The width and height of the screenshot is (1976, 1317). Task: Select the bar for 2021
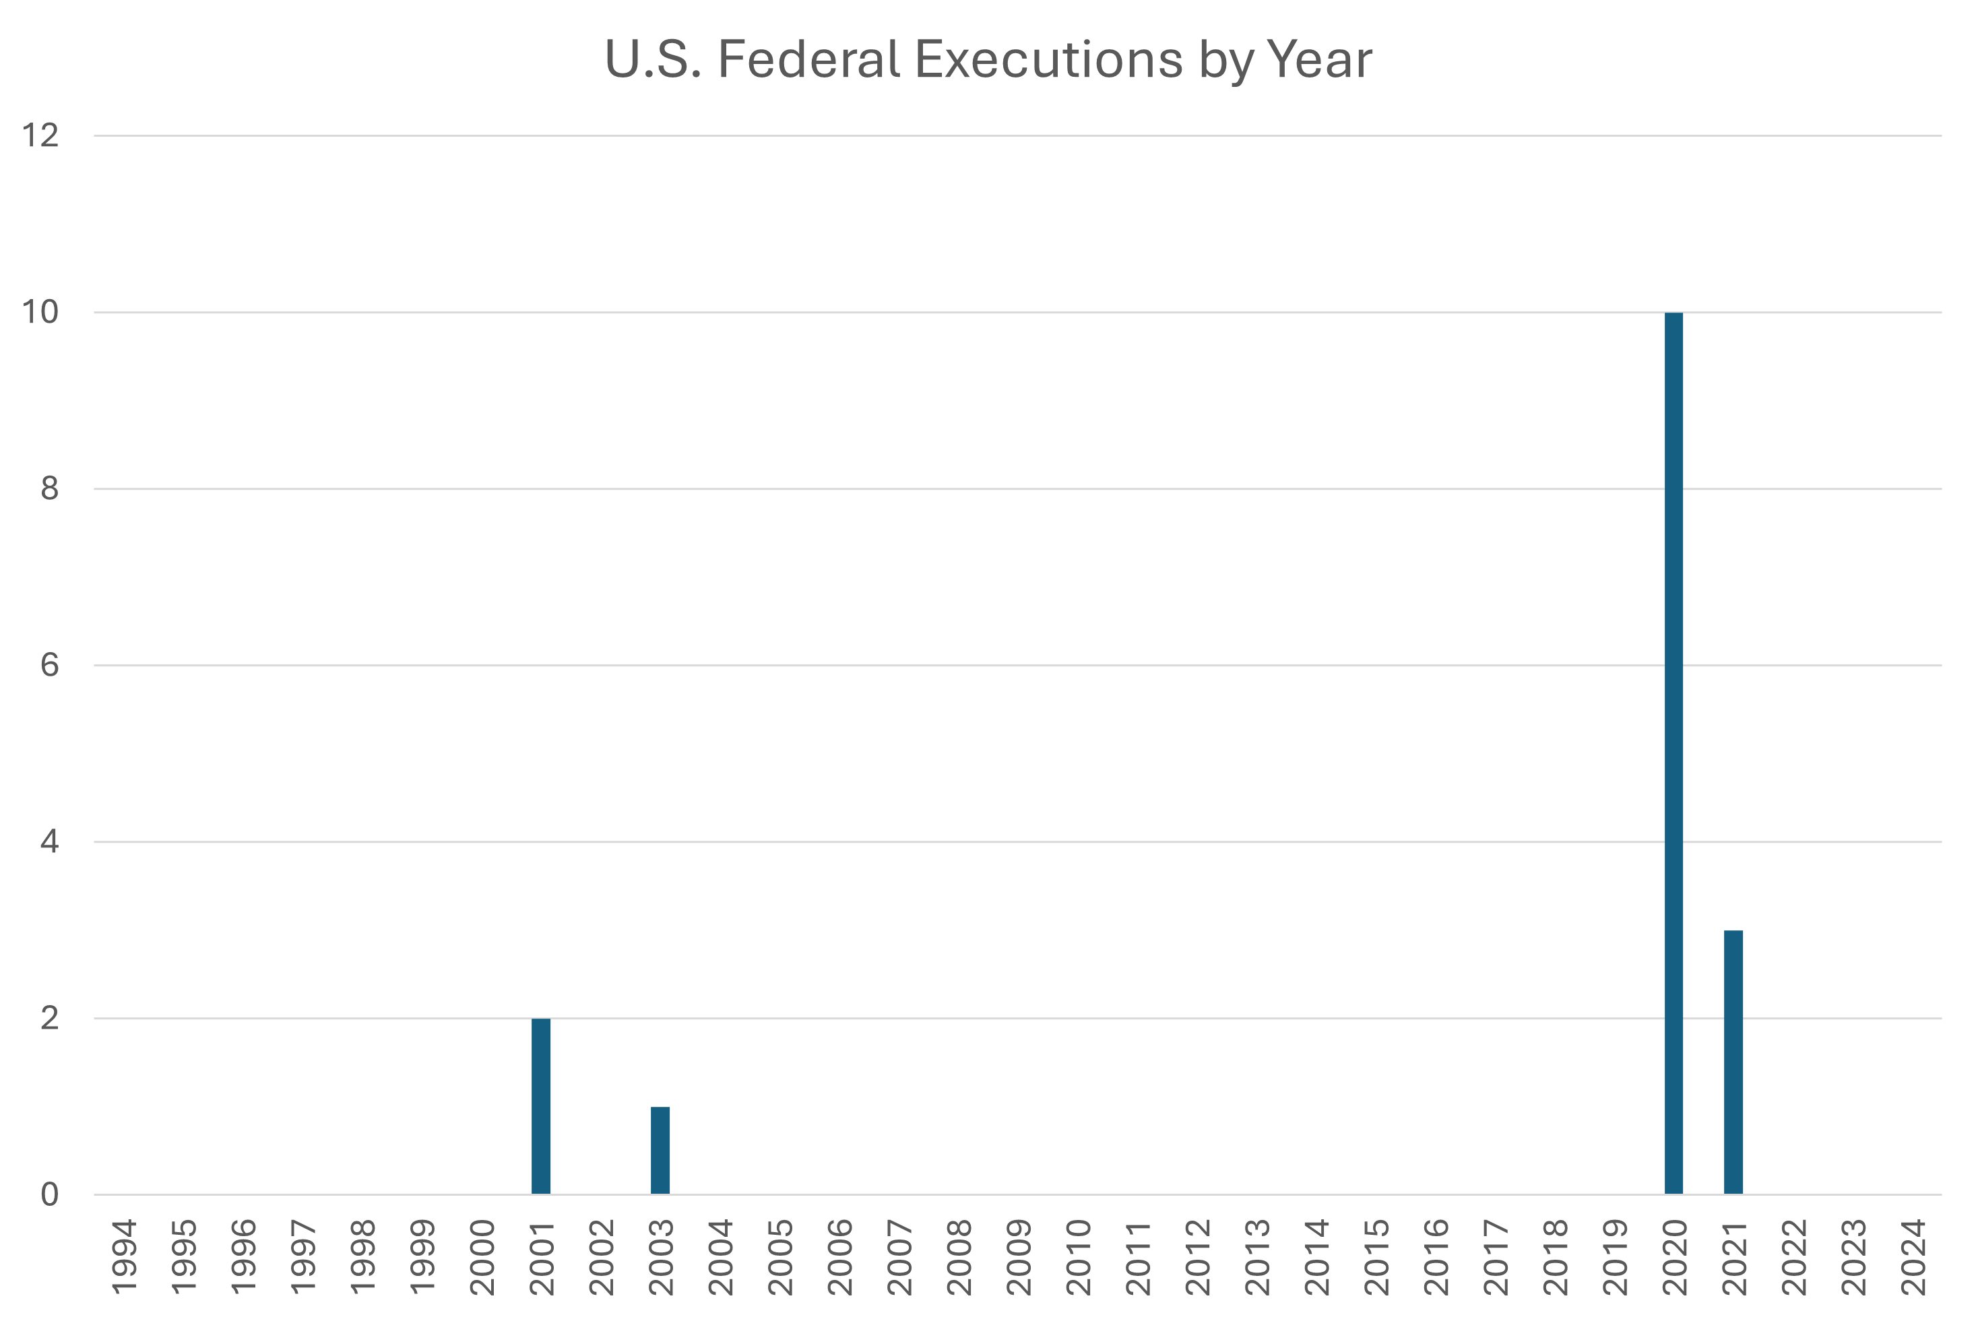click(x=1733, y=1062)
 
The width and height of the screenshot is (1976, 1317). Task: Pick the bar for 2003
click(x=660, y=1150)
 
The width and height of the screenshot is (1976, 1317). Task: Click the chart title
click(x=988, y=60)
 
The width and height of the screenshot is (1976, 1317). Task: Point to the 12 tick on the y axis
click(x=40, y=135)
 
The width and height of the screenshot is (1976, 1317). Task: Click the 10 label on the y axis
click(x=40, y=313)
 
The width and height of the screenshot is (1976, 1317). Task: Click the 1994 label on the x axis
click(x=124, y=1256)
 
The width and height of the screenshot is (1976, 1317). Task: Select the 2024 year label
click(x=1912, y=1256)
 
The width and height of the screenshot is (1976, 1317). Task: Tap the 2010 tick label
click(x=1077, y=1256)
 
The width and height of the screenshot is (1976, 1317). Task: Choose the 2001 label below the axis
click(x=542, y=1256)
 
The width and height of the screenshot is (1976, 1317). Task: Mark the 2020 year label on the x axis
click(x=1674, y=1256)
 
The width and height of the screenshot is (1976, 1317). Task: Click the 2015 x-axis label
click(x=1376, y=1256)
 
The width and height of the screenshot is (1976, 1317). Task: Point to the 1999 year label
click(x=422, y=1256)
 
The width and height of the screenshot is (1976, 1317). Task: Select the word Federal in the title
click(x=808, y=60)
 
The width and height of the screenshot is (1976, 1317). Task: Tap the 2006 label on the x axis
click(x=839, y=1256)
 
